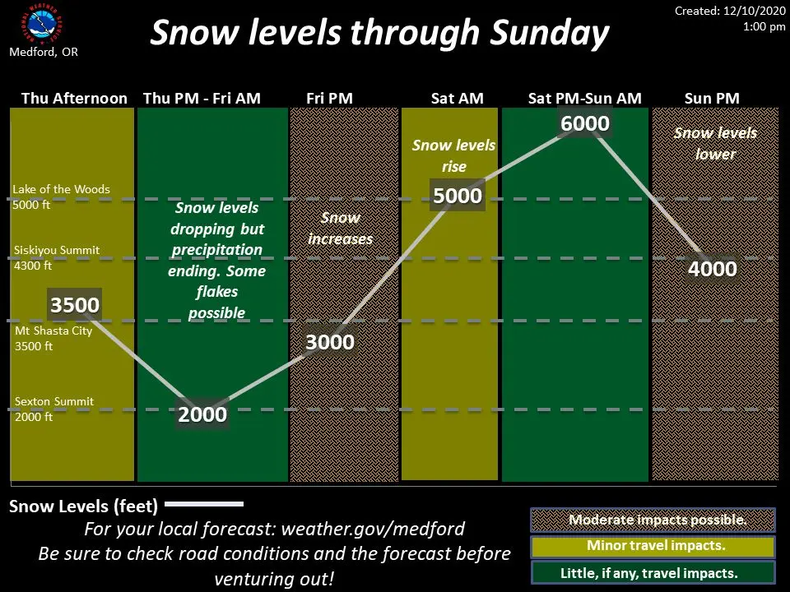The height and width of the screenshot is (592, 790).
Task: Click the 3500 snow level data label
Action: click(75, 304)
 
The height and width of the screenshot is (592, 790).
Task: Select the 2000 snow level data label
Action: click(202, 414)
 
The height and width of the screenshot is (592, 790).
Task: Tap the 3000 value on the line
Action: click(330, 342)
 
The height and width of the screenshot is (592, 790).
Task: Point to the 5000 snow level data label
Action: click(458, 196)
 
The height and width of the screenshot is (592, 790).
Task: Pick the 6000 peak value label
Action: click(585, 123)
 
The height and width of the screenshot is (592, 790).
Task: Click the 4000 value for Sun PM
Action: click(713, 269)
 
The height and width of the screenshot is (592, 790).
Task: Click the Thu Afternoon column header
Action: click(74, 98)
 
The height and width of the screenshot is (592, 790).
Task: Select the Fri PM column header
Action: click(329, 98)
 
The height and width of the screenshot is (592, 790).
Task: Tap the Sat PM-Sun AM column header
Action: click(585, 98)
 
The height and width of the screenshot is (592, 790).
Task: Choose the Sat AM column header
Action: click(457, 98)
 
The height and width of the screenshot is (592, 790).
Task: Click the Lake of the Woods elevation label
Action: click(61, 197)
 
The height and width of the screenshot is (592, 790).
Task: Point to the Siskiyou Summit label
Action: click(57, 257)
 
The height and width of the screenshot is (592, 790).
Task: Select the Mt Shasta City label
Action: click(53, 338)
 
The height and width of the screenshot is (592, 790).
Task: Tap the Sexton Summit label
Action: click(54, 409)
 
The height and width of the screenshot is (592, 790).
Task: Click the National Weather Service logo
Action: click(42, 24)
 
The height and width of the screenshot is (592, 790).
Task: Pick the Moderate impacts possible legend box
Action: click(653, 520)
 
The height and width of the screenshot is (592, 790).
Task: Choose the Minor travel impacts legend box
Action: click(653, 546)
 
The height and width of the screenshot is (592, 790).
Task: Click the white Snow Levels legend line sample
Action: click(204, 504)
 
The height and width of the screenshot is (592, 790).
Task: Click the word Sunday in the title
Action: click(550, 33)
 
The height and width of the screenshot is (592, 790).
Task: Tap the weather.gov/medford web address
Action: click(373, 529)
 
